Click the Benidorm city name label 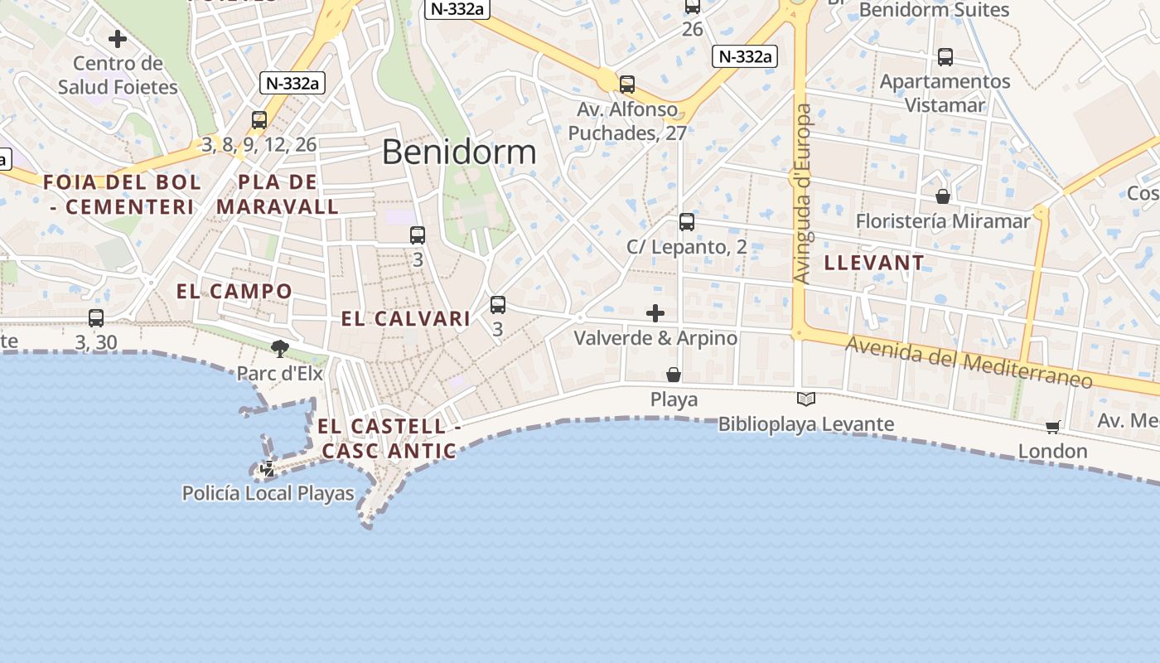(x=459, y=152)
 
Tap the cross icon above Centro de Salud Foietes (x=118, y=39)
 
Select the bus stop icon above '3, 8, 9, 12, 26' (x=259, y=120)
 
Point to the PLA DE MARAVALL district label (x=278, y=194)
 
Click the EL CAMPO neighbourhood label (x=234, y=291)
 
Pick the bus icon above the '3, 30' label (x=96, y=318)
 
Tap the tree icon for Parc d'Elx (x=280, y=349)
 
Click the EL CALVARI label (x=406, y=319)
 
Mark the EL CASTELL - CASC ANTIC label (x=389, y=438)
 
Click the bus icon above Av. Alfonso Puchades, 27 (x=627, y=85)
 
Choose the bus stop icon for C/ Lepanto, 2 (x=687, y=222)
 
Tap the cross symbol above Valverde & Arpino (x=655, y=313)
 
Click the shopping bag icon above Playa (x=674, y=375)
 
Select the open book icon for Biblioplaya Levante (x=806, y=399)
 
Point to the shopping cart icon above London (x=1052, y=428)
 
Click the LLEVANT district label (x=874, y=264)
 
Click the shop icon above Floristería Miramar (x=943, y=196)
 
